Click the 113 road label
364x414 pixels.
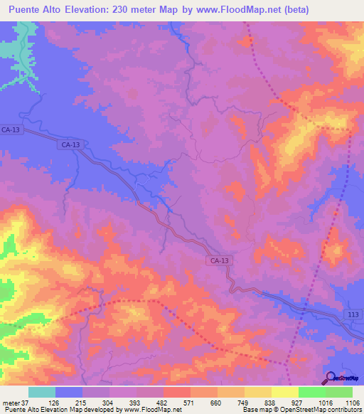point(355,314)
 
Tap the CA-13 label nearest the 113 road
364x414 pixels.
point(219,261)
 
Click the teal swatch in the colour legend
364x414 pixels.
point(41,393)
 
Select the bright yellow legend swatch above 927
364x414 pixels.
point(284,393)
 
